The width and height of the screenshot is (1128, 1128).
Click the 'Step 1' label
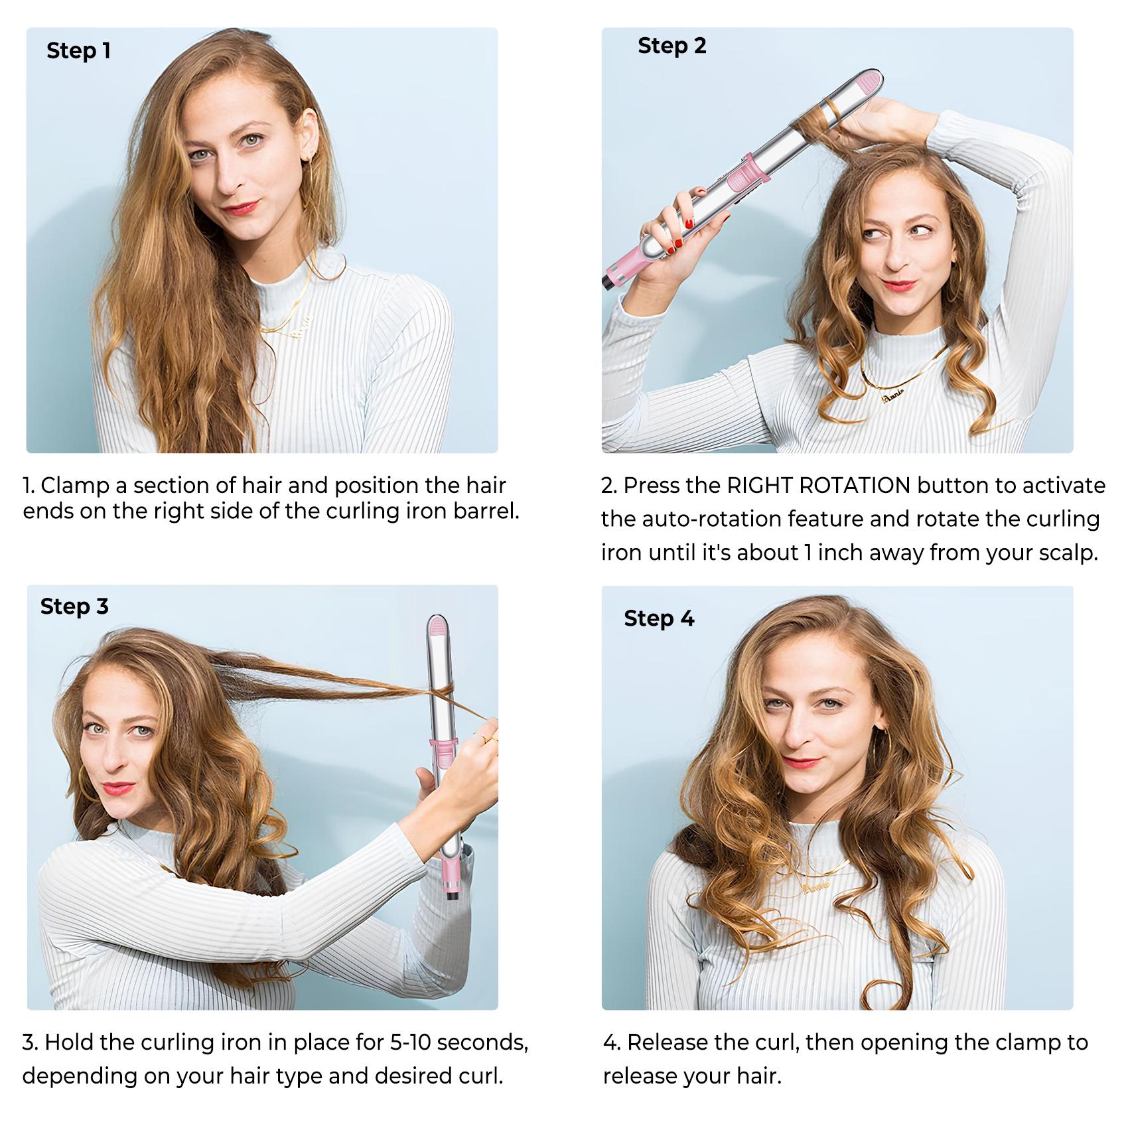78,50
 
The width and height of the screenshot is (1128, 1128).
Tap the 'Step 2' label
671,46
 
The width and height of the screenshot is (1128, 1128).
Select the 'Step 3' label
74,606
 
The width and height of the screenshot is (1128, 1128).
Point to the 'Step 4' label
659,618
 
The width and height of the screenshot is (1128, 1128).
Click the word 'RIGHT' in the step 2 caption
760,486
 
